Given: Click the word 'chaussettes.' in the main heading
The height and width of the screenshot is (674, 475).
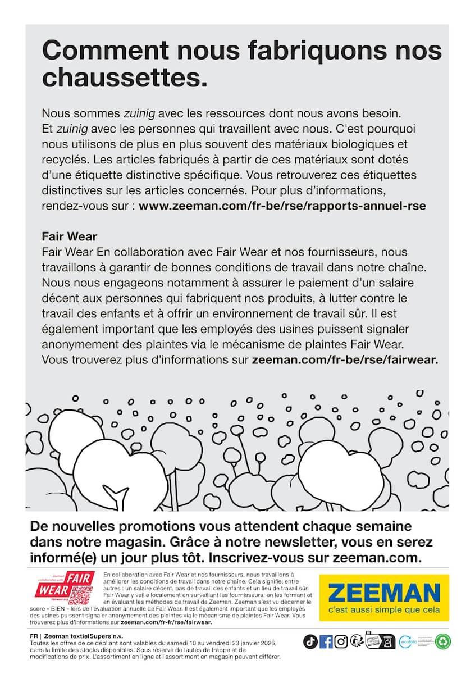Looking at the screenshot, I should (x=125, y=78).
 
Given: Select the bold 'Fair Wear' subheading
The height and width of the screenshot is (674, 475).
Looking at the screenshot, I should (x=69, y=236).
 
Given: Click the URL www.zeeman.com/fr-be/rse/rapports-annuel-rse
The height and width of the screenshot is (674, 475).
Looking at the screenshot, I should (x=282, y=206).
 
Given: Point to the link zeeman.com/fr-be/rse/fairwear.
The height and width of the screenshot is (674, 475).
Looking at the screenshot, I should (x=345, y=359).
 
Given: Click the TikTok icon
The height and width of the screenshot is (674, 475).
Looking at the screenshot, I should (x=310, y=641).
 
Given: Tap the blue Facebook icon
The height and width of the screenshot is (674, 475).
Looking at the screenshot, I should (x=326, y=641).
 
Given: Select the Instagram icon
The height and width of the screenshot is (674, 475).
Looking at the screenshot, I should (x=341, y=641).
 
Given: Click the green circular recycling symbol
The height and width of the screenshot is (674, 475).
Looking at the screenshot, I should (x=444, y=641).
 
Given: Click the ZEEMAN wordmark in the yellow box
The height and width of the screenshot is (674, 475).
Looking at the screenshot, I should (x=384, y=593).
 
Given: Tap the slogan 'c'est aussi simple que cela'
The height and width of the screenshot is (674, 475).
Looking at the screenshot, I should (x=384, y=610).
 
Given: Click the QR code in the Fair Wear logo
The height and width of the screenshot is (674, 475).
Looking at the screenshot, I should (x=80, y=593).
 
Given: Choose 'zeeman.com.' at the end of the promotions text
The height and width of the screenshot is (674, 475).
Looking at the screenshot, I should (x=377, y=558).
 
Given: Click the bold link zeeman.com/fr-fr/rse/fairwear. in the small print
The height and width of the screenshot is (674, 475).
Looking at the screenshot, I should (x=166, y=622).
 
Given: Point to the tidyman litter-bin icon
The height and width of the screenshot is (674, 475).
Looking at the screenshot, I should (x=356, y=641).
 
